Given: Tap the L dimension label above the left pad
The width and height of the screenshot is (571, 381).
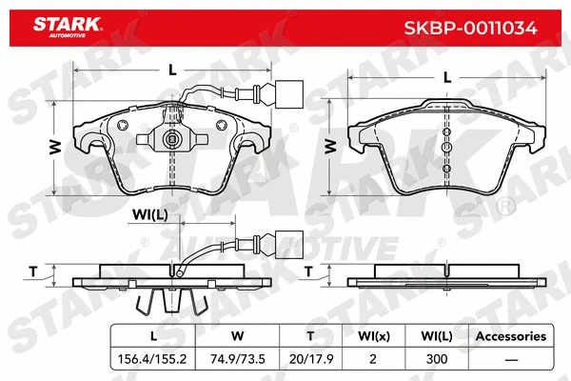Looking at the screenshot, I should pyautogui.click(x=171, y=69).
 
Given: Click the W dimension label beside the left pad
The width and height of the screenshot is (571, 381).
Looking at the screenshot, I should pyautogui.click(x=55, y=146).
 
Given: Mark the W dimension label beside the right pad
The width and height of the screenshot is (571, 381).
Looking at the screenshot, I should pyautogui.click(x=330, y=146).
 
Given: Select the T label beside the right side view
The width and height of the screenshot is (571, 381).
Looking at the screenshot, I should pyautogui.click(x=309, y=271).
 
